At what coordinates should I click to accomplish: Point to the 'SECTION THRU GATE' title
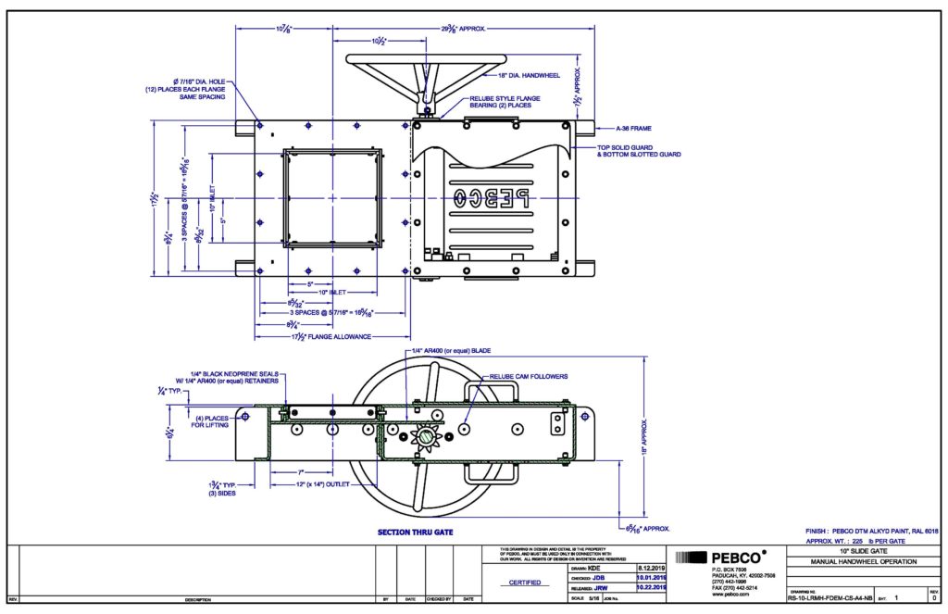point(413,533)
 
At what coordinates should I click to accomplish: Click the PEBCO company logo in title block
point(721,558)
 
